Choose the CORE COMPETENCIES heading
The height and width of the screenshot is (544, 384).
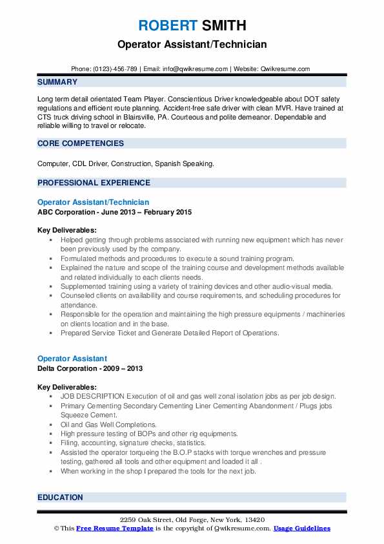[81, 143]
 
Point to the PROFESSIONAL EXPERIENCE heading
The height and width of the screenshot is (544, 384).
[94, 182]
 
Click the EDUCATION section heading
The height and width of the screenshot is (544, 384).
[60, 497]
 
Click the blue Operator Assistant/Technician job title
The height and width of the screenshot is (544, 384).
[94, 202]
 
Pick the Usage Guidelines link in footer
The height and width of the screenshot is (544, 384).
[301, 528]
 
